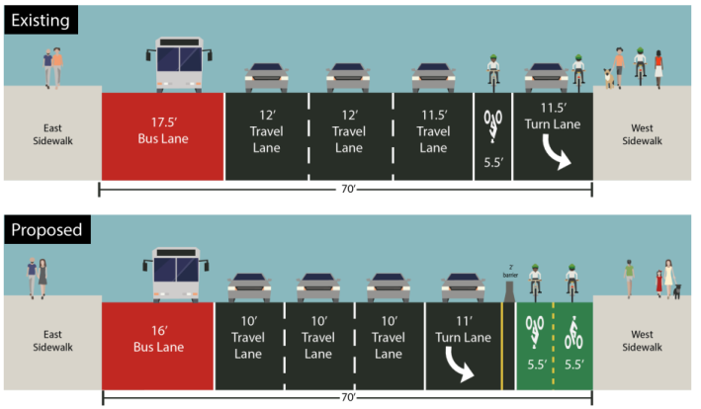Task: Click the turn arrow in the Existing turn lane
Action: (x=554, y=156)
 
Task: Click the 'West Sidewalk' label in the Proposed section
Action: (x=648, y=343)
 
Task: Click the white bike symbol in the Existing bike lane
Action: (x=492, y=123)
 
